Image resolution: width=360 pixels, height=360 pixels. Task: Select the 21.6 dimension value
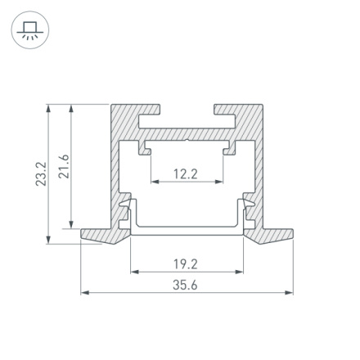(x=66, y=166)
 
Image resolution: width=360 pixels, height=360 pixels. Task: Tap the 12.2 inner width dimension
(x=187, y=173)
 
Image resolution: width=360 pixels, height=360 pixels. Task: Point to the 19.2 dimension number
(x=187, y=263)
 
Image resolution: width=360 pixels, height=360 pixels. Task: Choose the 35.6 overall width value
(x=187, y=285)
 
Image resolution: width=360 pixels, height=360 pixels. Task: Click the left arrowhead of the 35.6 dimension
(x=83, y=292)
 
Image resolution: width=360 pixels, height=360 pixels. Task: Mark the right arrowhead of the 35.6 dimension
(x=290, y=292)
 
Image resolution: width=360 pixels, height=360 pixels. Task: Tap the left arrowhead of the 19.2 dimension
(x=133, y=271)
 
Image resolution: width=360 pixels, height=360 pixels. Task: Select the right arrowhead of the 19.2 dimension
(x=241, y=271)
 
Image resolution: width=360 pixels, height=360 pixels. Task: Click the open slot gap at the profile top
(x=187, y=110)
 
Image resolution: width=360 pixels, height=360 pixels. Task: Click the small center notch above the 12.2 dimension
(x=187, y=141)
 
